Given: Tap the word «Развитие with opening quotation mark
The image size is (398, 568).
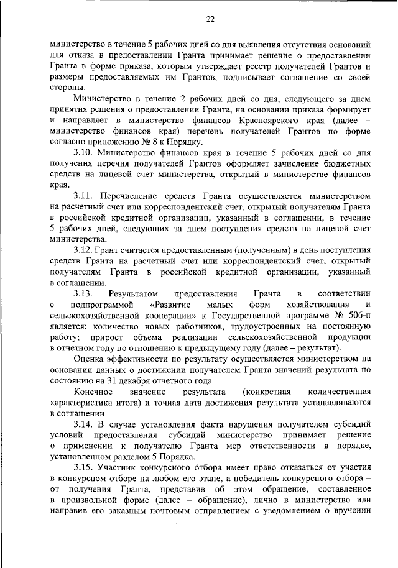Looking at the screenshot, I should point(169,305).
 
